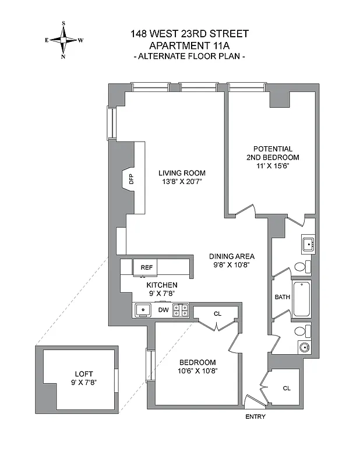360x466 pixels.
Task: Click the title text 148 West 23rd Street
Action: tap(190, 34)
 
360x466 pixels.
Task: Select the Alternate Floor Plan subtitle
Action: tap(190, 57)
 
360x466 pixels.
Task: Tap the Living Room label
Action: tap(182, 173)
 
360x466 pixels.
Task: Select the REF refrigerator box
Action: tap(146, 267)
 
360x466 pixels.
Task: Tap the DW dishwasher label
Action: tap(164, 310)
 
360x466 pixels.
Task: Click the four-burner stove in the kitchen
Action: tap(182, 310)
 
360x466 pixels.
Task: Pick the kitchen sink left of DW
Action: tap(142, 310)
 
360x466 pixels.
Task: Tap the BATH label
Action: tap(283, 297)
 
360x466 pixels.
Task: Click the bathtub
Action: tap(302, 299)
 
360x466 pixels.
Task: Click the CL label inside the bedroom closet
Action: tap(217, 313)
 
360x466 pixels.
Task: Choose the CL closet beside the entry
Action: tap(287, 388)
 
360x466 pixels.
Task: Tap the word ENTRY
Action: tap(255, 416)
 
